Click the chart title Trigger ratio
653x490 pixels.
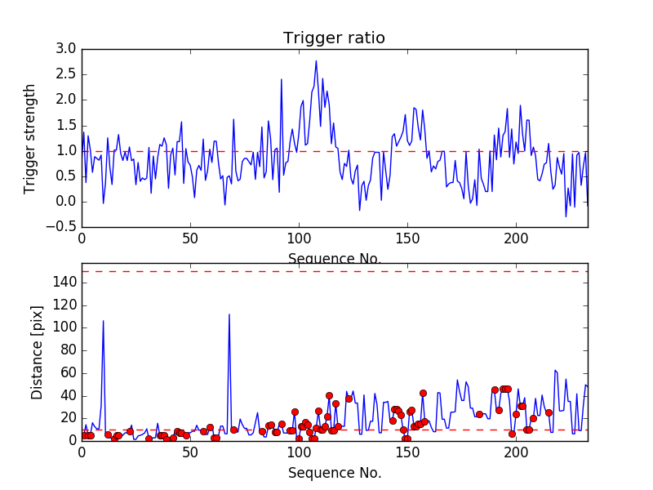tap(334, 38)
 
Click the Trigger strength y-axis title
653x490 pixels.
tap(30, 138)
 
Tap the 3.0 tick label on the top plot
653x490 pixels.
tap(66, 49)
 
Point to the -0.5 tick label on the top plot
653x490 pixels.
tap(62, 227)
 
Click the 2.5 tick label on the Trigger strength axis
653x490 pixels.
tap(66, 74)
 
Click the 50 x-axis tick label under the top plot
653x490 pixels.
tap(190, 240)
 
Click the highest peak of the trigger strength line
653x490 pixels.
tap(316, 60)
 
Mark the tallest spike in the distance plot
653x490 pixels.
tap(229, 314)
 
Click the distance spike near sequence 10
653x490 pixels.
tap(103, 321)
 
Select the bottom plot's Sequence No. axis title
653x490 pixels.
tap(334, 473)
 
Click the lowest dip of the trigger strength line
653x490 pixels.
tap(566, 216)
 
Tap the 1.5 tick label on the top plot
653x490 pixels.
tap(66, 125)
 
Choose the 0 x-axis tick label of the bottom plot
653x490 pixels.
tap(82, 453)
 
